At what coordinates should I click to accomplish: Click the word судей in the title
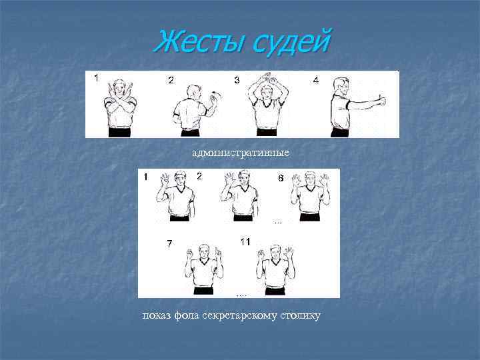pos(292,43)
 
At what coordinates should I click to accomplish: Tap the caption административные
pos(241,153)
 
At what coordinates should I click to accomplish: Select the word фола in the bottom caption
pos(187,315)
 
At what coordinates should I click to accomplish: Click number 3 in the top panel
pos(237,80)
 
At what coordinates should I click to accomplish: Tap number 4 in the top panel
pos(316,80)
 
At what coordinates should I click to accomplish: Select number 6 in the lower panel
pos(281,178)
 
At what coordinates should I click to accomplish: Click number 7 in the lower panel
pos(169,244)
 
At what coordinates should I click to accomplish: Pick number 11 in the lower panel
pos(245,242)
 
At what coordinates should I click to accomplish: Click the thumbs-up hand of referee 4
pos(381,100)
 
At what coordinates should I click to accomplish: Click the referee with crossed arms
pos(120,109)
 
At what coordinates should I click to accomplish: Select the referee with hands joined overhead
pos(267,104)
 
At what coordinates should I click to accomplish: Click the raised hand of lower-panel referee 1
pos(165,180)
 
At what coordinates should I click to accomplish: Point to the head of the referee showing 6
pos(311,179)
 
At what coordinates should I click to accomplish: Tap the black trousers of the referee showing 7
pos(203,291)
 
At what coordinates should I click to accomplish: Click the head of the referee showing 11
pos(275,253)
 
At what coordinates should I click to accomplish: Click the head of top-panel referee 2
pos(194,92)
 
